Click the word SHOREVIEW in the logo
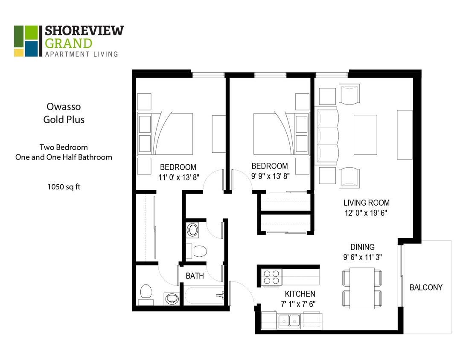84,31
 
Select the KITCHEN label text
300,294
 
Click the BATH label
195,276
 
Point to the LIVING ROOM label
367,203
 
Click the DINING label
362,247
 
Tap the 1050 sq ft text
64,186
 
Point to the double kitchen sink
289,320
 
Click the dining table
362,288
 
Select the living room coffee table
365,135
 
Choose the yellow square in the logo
19,52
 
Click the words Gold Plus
64,120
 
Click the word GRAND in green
68,43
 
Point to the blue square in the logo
31,49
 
